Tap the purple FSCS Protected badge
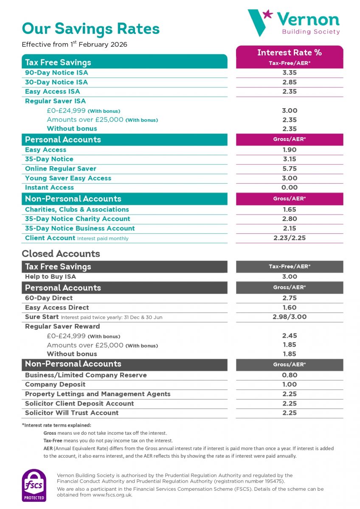pyautogui.click(x=34, y=485)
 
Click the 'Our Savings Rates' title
pyautogui.click(x=90, y=28)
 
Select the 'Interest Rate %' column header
pyautogui.click(x=289, y=53)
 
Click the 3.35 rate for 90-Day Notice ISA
pyautogui.click(x=289, y=73)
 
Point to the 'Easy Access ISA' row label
pyautogui.click(x=52, y=92)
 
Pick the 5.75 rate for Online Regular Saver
pyautogui.click(x=289, y=169)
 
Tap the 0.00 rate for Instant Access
pyautogui.click(x=289, y=187)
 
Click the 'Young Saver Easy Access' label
pyautogui.click(x=68, y=178)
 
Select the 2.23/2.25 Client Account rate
pyautogui.click(x=289, y=238)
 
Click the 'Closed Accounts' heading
pyautogui.click(x=61, y=254)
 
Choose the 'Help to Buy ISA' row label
pyautogui.click(x=51, y=277)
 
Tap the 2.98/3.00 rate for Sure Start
pyautogui.click(x=289, y=317)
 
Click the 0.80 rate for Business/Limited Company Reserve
pyautogui.click(x=289, y=375)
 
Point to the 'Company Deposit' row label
pyautogui.click(x=55, y=384)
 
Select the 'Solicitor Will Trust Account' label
pyautogui.click(x=72, y=413)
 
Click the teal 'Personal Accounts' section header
pyautogui.click(x=63, y=140)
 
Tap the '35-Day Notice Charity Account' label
pyautogui.click(x=77, y=219)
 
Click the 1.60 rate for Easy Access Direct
pyautogui.click(x=289, y=308)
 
